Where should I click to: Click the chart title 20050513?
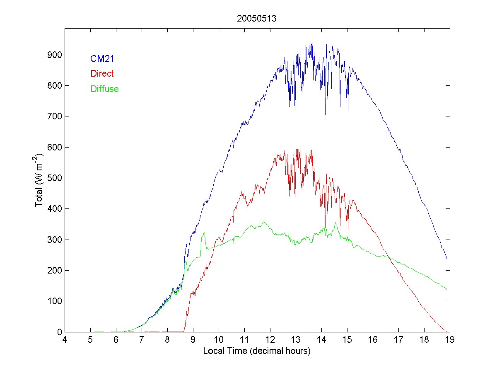pyautogui.click(x=257, y=19)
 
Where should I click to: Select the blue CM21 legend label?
pyautogui.click(x=102, y=59)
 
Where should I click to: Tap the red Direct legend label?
pyautogui.click(x=101, y=74)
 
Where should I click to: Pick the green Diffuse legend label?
pyautogui.click(x=104, y=89)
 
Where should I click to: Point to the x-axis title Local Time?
pyautogui.click(x=257, y=351)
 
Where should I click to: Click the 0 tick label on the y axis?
pyautogui.click(x=59, y=332)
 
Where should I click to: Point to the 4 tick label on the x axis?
pyautogui.click(x=65, y=340)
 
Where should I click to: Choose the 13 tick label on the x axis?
pyautogui.click(x=296, y=340)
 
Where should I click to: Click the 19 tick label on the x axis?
pyautogui.click(x=450, y=340)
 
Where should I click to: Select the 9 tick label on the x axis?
pyautogui.click(x=193, y=340)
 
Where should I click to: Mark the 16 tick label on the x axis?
pyautogui.click(x=373, y=340)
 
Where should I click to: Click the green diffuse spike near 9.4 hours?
pyautogui.click(x=204, y=233)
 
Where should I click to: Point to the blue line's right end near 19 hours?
pyautogui.click(x=447, y=258)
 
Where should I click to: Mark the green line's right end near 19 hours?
pyautogui.click(x=447, y=289)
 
